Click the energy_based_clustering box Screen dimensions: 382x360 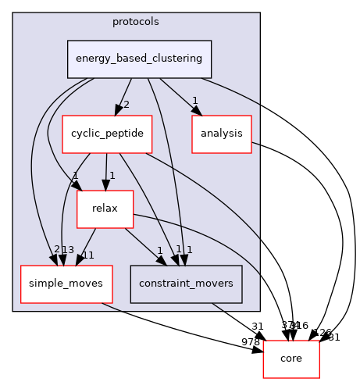pos(139,59)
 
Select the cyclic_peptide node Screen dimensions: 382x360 pos(106,134)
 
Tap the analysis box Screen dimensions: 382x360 pos(222,134)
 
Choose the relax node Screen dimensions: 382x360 pos(104,209)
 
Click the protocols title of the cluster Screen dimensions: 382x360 pos(136,21)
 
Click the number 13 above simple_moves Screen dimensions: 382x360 pos(68,250)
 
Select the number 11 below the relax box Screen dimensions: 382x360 pos(87,255)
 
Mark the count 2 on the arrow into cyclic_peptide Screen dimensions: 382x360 pos(127,105)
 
